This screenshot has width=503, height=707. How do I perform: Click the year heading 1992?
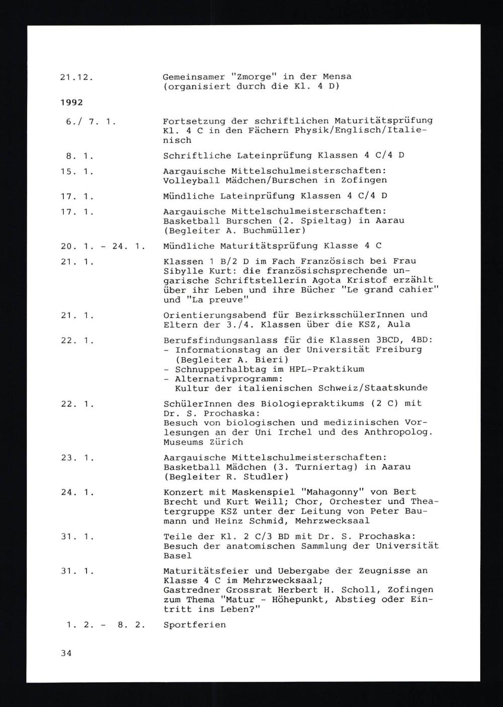[71, 103]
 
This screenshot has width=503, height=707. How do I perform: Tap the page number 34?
[66, 653]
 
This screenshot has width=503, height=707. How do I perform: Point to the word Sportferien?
[195, 625]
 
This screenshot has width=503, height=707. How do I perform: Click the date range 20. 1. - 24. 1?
[102, 246]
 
